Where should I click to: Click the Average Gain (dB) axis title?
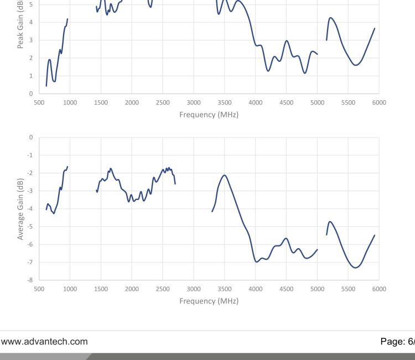[20, 209]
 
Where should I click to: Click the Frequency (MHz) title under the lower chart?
[209, 301]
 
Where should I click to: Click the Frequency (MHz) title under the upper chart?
[209, 115]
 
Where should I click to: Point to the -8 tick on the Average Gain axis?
[31, 280]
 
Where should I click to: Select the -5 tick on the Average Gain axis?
[31, 227]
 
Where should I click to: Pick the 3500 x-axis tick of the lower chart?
[224, 289]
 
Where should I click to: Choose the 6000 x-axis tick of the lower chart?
[379, 289]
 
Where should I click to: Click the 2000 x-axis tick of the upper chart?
[132, 102]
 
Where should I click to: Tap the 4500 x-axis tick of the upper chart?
[286, 102]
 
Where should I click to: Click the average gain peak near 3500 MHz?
[224, 175]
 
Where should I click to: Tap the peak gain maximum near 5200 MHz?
[331, 18]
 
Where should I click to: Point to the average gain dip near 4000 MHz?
[256, 261]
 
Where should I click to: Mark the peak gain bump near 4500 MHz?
[287, 40]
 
